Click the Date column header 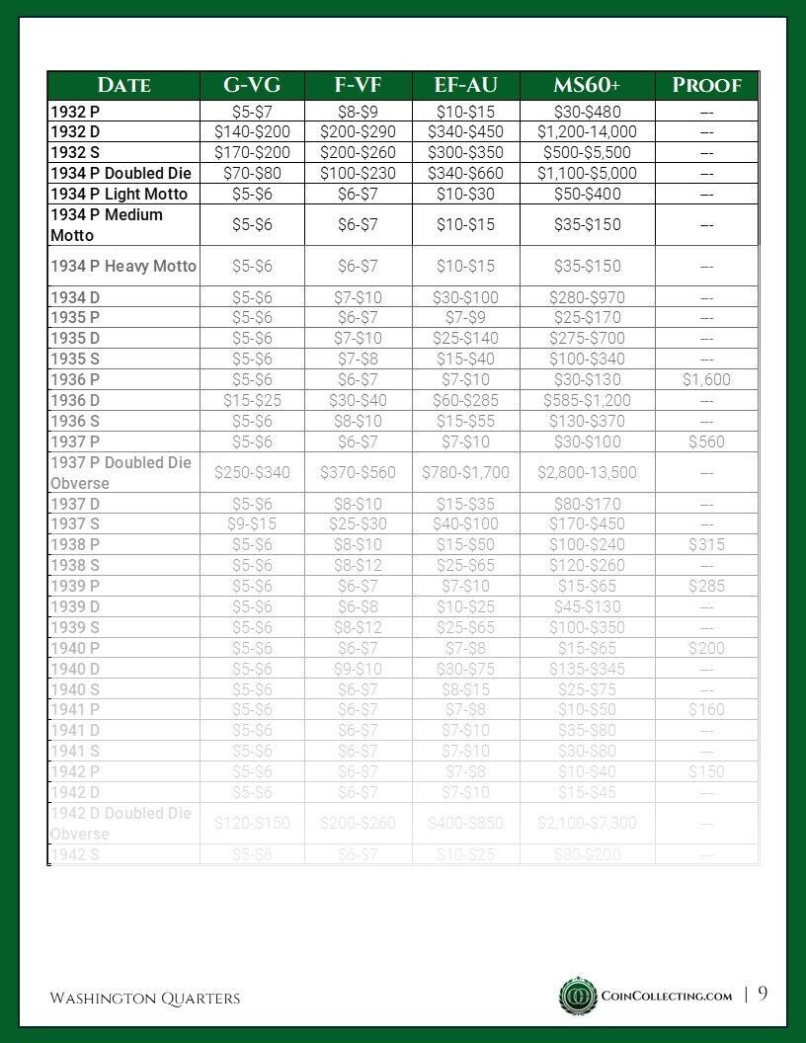coord(124,85)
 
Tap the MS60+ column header coord(587,85)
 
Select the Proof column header coord(706,85)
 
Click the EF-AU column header coord(465,85)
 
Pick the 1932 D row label coord(75,131)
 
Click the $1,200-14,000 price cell coord(587,131)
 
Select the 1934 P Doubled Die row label coord(121,173)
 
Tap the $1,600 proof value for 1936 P coord(706,379)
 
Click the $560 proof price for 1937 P coord(706,441)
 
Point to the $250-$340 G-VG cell coord(252,472)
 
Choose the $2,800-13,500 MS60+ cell coord(587,472)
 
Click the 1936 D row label coord(75,400)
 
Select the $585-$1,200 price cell coord(587,400)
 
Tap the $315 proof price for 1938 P coord(706,544)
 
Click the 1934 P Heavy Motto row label coord(123,266)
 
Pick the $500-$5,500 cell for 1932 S coord(587,152)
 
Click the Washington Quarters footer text coord(145,999)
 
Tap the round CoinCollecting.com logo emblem coord(578,996)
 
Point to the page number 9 coord(763,995)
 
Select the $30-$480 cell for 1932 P coord(587,112)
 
